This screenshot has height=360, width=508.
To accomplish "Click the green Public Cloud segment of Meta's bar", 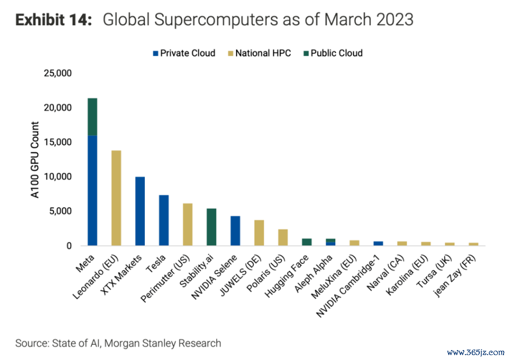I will pos(92,117).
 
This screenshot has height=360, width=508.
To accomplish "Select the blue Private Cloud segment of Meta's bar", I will pos(92,191).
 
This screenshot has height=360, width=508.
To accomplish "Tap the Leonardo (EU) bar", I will pos(116,198).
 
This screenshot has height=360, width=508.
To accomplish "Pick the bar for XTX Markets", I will pos(140,211).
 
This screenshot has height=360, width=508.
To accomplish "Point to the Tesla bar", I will pos(164,220).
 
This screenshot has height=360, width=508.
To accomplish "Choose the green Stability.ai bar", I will pos(211,227).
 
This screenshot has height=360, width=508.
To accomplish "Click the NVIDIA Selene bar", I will pos(235,231).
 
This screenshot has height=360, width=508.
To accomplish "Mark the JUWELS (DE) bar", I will pos(259,233).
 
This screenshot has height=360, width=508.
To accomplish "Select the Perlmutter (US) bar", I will pos(188,225).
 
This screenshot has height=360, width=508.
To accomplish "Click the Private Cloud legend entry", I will pos(184,53).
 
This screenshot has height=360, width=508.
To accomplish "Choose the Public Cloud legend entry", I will pos(332,53).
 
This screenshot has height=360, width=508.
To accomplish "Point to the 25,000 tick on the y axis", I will pos(59,73).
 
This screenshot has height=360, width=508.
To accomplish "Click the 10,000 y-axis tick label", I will pos(59,177).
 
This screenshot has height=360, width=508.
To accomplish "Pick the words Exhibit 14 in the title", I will pos(54,20).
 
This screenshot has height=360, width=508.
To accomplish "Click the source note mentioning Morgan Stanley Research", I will pos(118,343).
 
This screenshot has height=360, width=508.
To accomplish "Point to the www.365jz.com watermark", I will pos(475,353).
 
